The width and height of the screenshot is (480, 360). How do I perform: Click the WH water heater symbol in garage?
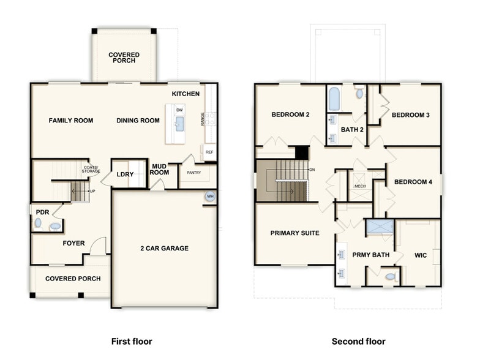click(x=210, y=197)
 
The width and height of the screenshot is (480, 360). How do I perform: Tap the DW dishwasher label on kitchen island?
click(x=179, y=110)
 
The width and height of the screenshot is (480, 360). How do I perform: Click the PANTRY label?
click(x=194, y=173)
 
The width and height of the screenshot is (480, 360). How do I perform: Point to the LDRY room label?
click(x=125, y=174)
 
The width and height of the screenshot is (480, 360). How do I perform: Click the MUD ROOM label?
click(x=159, y=169)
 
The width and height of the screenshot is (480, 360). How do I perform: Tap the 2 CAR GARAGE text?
click(x=164, y=248)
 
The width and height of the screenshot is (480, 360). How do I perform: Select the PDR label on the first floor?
click(x=42, y=212)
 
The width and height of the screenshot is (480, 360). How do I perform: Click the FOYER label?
click(x=73, y=243)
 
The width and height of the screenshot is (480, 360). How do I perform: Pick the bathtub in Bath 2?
click(x=334, y=99)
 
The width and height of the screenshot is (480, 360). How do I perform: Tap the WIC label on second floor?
click(x=421, y=254)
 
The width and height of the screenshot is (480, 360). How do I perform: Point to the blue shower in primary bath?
click(x=380, y=227)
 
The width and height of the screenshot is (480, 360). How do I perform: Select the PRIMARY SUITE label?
click(x=294, y=233)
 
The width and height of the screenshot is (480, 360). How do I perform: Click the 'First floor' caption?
click(x=132, y=341)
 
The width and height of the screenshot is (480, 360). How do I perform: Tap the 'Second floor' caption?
click(x=359, y=341)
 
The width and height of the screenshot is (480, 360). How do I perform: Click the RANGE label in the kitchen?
click(x=203, y=119)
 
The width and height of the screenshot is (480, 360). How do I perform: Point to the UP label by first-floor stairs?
click(x=92, y=191)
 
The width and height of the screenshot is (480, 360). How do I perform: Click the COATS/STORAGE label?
click(x=92, y=170)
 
